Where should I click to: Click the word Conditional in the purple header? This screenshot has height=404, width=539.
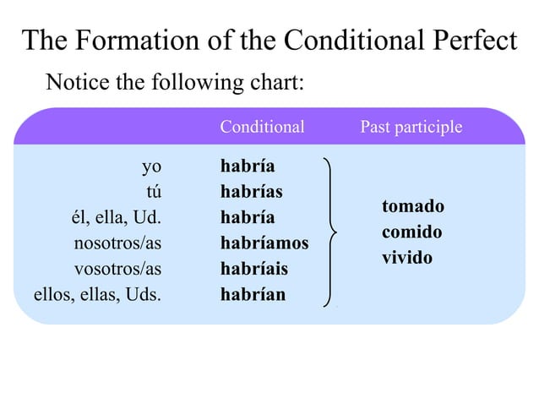262,128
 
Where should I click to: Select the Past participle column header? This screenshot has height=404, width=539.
411,128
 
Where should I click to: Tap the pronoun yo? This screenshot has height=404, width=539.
151,166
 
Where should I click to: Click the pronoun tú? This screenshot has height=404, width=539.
154,192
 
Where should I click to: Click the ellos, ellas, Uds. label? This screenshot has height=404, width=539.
97,295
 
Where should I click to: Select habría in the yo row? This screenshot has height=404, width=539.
247,166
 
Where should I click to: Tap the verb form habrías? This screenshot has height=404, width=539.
251,192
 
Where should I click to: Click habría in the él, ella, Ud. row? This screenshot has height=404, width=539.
247,218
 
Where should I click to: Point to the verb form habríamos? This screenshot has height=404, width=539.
264,243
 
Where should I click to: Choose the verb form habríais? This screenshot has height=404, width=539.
253,270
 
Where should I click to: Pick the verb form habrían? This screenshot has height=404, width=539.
253,295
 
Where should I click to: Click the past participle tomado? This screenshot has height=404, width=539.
412,206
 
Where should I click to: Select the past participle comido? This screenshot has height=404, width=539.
412,232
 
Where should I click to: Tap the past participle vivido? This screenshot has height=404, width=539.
406,257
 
